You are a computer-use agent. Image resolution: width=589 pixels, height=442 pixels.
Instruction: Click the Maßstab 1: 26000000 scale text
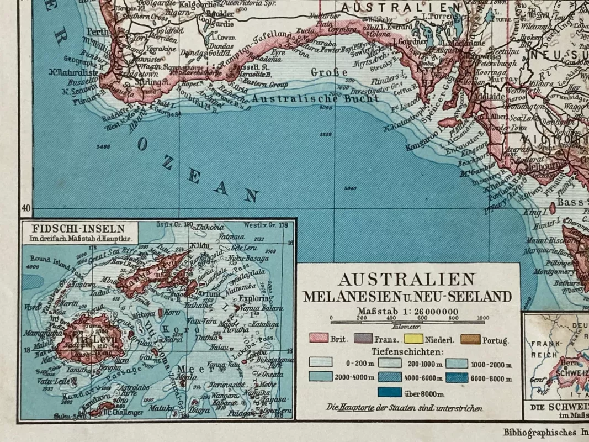coord(407,311)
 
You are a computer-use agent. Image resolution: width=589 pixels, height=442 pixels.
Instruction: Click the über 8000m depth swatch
coord(390,393)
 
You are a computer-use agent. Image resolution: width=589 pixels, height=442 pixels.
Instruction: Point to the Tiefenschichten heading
coord(408,351)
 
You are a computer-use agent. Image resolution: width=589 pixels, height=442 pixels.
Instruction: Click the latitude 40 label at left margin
coord(26,208)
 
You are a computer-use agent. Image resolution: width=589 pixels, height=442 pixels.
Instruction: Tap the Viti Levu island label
coord(90,338)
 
